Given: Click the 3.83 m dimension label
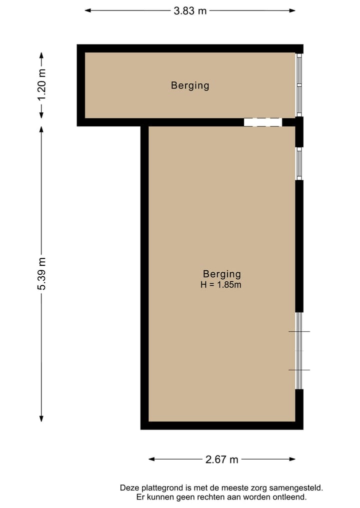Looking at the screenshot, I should pos(190,10).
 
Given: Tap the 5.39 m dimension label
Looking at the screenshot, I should pos(41,274).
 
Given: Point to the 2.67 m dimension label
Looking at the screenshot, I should pos(222,460).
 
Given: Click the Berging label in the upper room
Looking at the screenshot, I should pos(190,85).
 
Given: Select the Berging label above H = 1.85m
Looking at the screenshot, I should pos(222,274).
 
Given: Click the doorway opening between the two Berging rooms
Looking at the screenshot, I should pos(263,122).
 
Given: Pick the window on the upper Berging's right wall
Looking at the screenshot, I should pos(299,85).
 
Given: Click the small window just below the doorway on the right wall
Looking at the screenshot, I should pos(299,163).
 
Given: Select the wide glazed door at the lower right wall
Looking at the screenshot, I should pos(299,351).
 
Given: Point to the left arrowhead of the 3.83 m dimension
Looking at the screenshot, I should pos(87,10).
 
